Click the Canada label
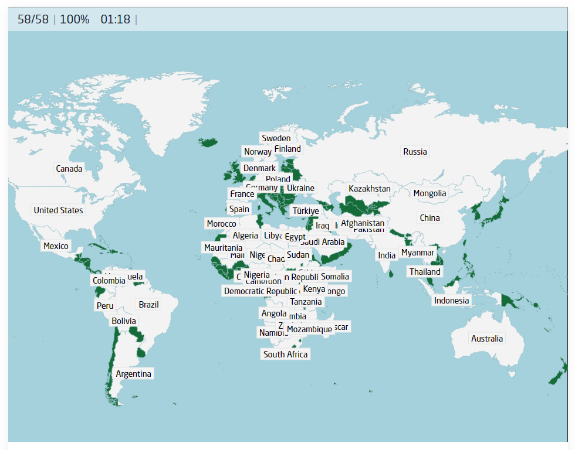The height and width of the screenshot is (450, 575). click(69, 169)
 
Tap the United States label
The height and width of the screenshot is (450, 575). click(58, 210)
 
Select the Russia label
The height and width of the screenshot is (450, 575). click(415, 152)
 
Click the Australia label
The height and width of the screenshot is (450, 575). click(486, 339)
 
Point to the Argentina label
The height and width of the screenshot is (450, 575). click(133, 374)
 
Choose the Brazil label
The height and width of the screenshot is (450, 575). click(148, 305)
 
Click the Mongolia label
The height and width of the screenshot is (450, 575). click(429, 193)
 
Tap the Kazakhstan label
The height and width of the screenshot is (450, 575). click(369, 189)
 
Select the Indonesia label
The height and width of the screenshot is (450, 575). click(451, 301)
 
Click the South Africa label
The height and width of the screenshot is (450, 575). click(285, 354)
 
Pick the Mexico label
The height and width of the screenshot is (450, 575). click(56, 246)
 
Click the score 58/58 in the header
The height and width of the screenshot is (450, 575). click(33, 19)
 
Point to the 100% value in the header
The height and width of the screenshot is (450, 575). click(75, 19)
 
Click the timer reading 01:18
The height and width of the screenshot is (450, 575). click(115, 19)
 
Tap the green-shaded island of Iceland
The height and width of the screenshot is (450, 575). click(209, 142)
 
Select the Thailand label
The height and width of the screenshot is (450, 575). click(425, 272)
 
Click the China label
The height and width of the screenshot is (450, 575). click(429, 218)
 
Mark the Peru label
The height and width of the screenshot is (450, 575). click(105, 306)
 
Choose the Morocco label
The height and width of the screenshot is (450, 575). click(221, 224)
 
